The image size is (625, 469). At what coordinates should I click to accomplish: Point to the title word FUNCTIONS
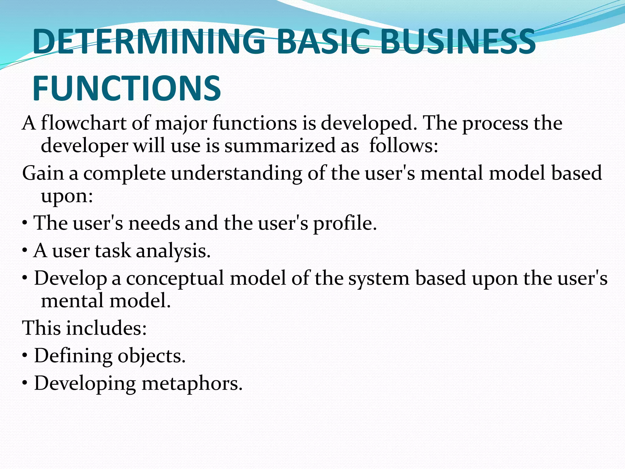pyautogui.click(x=126, y=89)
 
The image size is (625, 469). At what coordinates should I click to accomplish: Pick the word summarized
pyautogui.click(x=280, y=146)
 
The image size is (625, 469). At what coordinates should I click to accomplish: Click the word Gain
pyautogui.click(x=43, y=173)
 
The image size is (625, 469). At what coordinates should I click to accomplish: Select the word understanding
pyautogui.click(x=236, y=173)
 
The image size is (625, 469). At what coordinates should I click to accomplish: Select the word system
pyautogui.click(x=378, y=279)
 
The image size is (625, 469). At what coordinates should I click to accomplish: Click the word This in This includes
pyautogui.click(x=42, y=328)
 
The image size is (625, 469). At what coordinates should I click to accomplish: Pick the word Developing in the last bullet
pyautogui.click(x=85, y=384)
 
